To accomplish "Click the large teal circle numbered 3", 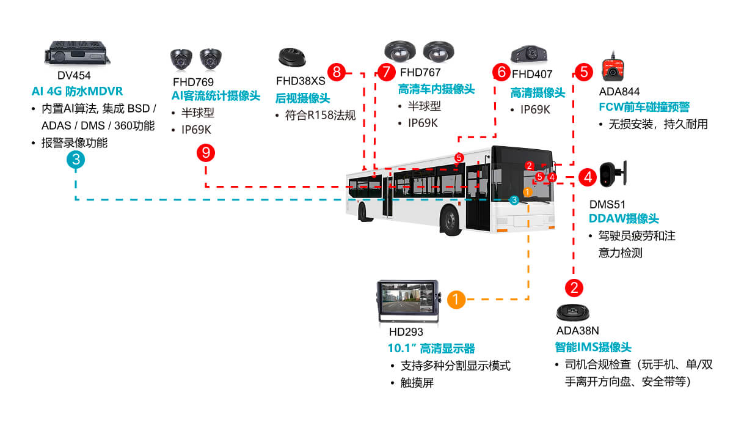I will (75, 160).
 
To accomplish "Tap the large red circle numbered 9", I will (206, 152).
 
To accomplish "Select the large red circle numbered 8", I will (336, 72).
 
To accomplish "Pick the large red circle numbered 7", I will (385, 72).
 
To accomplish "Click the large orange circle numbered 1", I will (456, 300).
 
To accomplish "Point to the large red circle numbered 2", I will (574, 287).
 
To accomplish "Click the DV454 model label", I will (74, 76).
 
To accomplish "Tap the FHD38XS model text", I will (301, 81).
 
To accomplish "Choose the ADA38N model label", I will (577, 331).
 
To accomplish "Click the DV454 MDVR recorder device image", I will (76, 53).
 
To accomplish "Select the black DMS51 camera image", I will (611, 174).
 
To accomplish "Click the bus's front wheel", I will (450, 221).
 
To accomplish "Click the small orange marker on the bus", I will (527, 191).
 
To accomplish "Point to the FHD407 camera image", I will (529, 54).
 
